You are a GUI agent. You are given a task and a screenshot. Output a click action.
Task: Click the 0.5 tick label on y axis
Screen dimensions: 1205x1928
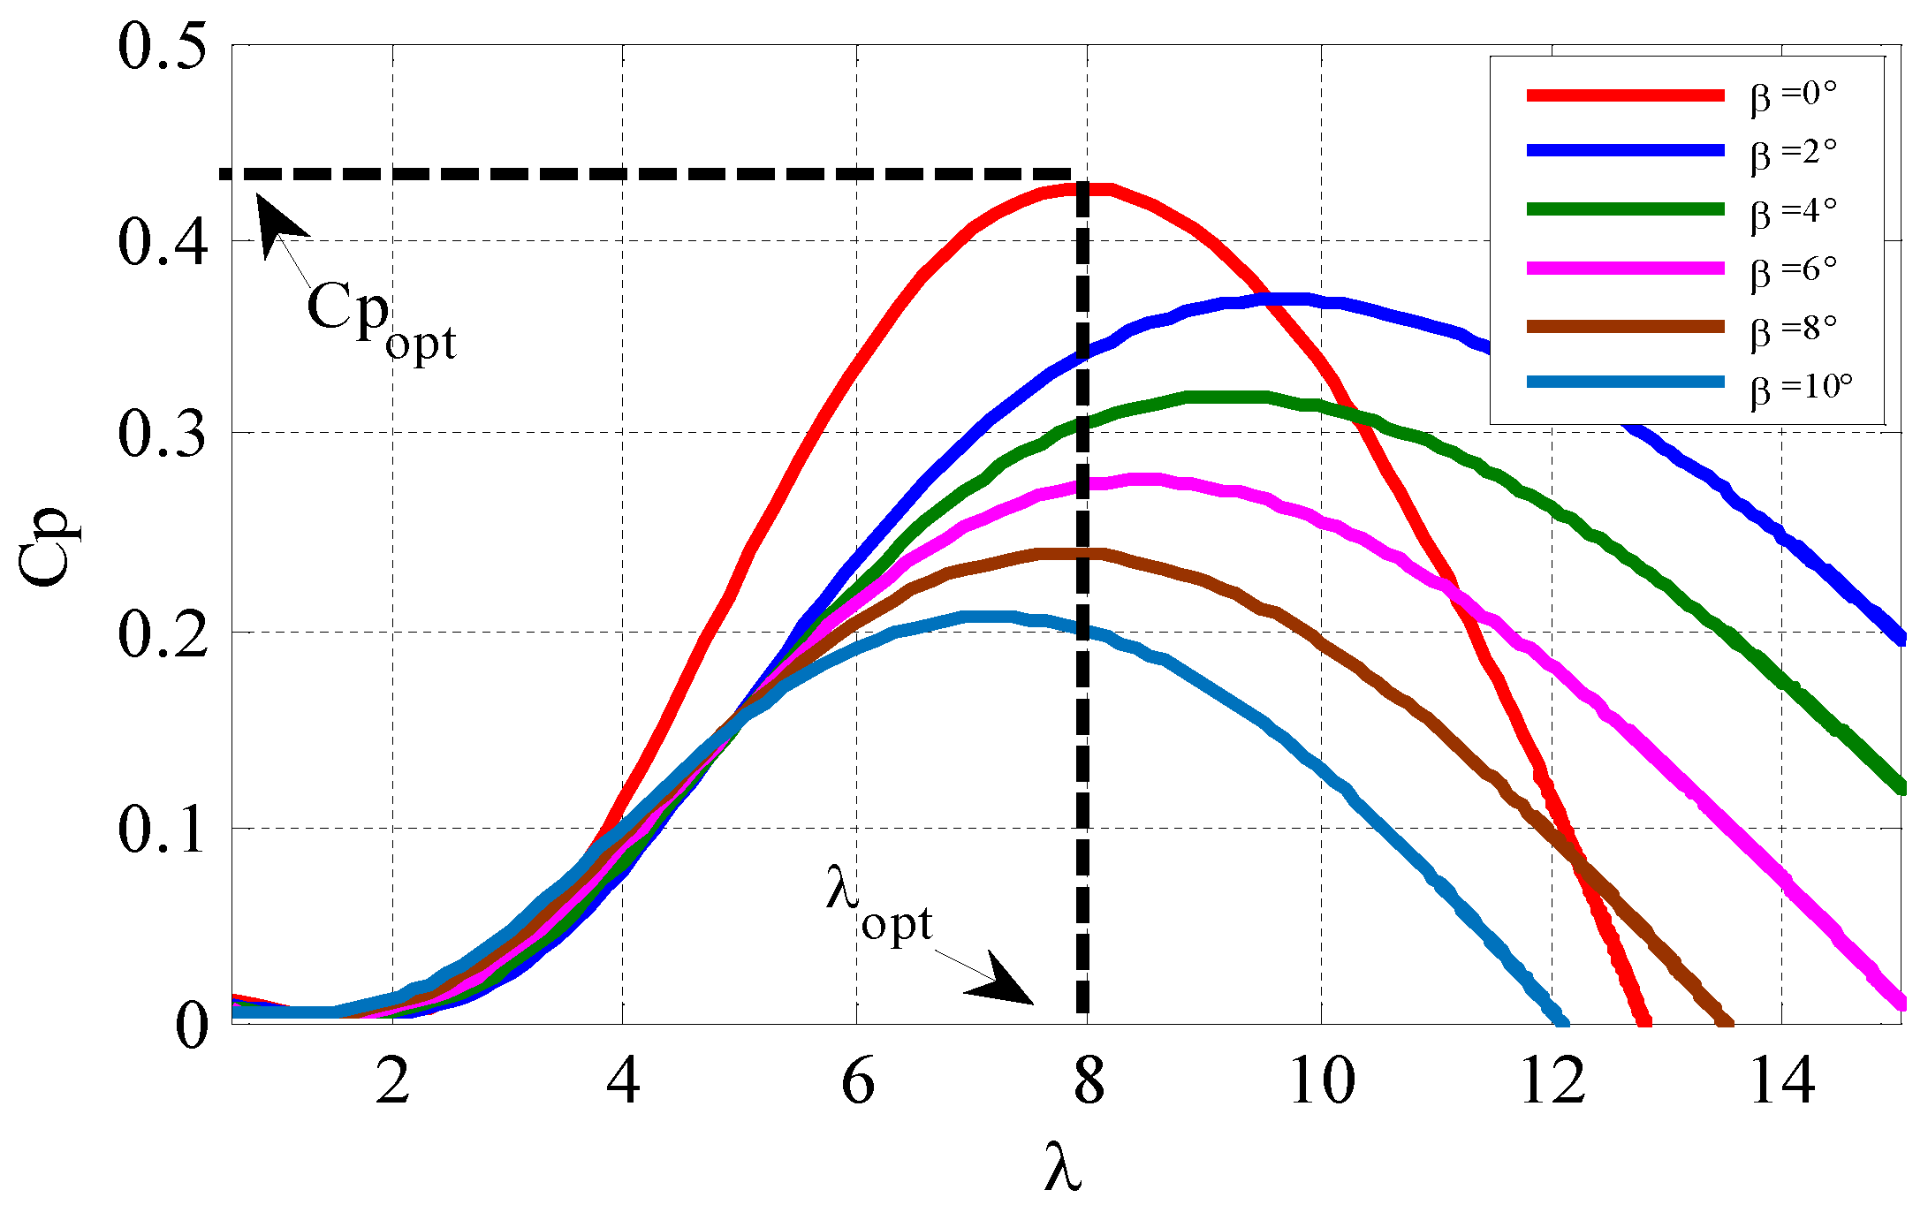pyautogui.click(x=163, y=46)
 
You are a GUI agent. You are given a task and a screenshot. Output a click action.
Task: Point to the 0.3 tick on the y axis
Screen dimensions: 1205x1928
pyautogui.click(x=163, y=434)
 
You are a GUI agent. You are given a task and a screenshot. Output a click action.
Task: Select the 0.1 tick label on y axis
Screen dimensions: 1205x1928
pyautogui.click(x=163, y=830)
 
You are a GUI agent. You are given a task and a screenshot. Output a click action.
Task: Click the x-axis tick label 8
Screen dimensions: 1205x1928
pyautogui.click(x=1089, y=1081)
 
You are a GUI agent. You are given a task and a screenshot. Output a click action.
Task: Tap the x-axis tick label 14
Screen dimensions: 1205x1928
pyautogui.click(x=1782, y=1081)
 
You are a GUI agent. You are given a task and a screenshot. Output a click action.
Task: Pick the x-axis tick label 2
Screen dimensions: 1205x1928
pyautogui.click(x=392, y=1081)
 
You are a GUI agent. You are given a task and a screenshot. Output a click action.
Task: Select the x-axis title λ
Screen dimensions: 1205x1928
pyautogui.click(x=1063, y=1166)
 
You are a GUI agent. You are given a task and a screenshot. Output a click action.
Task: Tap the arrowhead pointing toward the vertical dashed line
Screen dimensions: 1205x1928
pyautogui.click(x=1003, y=983)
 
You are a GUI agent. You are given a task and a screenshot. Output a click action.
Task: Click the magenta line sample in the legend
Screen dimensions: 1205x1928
pyautogui.click(x=1625, y=269)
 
